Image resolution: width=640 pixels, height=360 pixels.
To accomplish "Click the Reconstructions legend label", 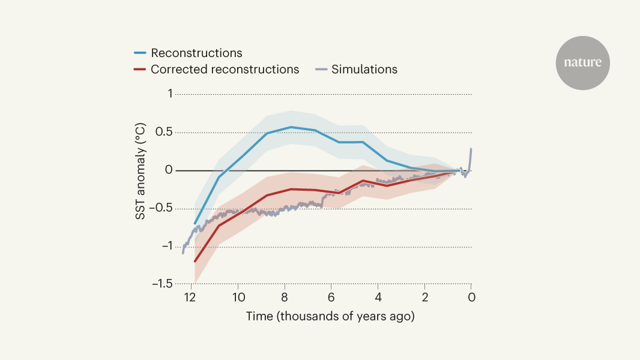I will [196, 53].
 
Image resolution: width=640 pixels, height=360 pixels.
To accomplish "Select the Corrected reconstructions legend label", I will [225, 69].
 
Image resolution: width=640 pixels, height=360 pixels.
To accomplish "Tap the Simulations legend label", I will [364, 69].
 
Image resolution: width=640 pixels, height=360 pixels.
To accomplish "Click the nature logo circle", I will [582, 63].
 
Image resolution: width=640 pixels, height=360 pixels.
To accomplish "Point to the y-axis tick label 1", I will [169, 94].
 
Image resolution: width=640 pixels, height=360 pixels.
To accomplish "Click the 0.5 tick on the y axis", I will [164, 132].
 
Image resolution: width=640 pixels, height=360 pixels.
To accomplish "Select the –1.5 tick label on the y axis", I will [161, 283].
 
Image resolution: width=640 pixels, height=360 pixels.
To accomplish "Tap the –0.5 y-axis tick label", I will [161, 208].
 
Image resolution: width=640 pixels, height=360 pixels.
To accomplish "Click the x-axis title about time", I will [330, 316].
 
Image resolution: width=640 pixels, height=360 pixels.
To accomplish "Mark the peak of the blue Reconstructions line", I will [291, 127].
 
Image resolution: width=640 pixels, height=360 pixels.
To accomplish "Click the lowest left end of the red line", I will [195, 261].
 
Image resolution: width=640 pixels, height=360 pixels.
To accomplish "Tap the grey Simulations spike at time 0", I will [471, 149].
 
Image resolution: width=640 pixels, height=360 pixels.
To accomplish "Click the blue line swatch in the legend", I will [139, 53].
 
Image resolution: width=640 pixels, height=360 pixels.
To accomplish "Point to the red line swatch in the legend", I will [139, 70].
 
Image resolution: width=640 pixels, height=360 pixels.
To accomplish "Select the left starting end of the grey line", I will [183, 253].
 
